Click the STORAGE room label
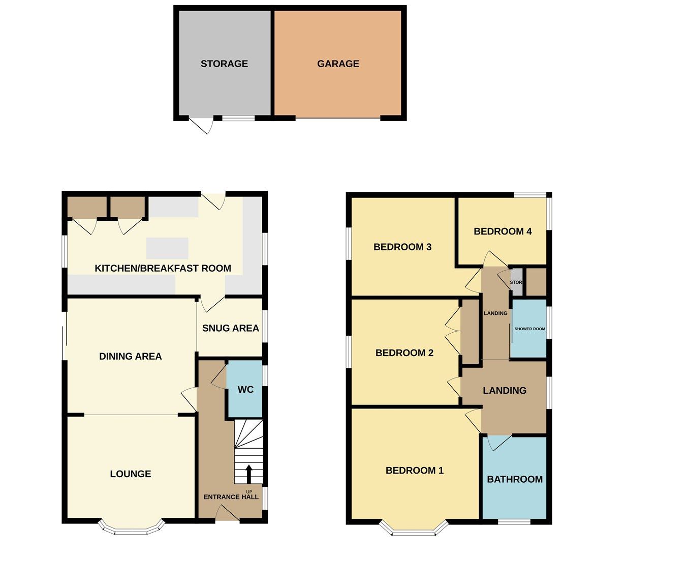(x=224, y=64)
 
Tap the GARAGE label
(x=338, y=64)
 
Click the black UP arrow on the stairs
(x=248, y=474)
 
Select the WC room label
(x=245, y=390)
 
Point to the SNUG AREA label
(x=230, y=328)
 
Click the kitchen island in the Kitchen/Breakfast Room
(x=167, y=248)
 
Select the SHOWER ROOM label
(x=529, y=329)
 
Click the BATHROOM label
(x=515, y=479)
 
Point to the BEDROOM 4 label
(x=503, y=231)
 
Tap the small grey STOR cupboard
(x=516, y=282)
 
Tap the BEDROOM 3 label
(x=402, y=247)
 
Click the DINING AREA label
(x=130, y=357)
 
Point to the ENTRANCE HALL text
(x=231, y=497)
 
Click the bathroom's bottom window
(x=514, y=521)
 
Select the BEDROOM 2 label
(x=404, y=353)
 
